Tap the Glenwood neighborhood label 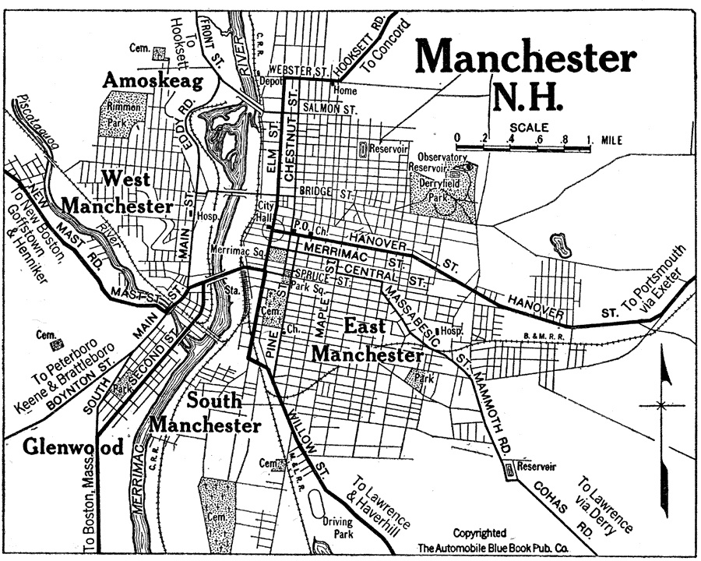(73, 447)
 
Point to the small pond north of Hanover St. (559, 245)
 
